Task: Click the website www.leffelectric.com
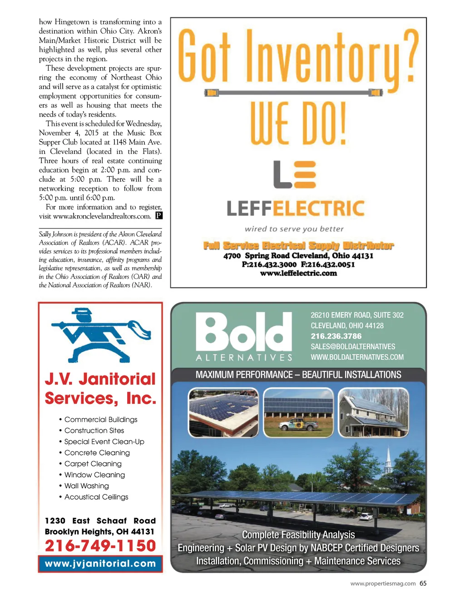[298, 273]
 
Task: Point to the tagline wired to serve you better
[294, 229]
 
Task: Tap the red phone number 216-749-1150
[100, 545]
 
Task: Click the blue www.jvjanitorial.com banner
[100, 564]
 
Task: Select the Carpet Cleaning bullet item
[93, 464]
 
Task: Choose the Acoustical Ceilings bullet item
[96, 497]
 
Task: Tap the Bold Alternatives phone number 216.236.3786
[336, 336]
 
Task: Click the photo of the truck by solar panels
[298, 412]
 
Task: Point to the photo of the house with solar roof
[373, 412]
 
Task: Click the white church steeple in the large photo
[388, 459]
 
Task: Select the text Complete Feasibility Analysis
[298, 535]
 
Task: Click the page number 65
[423, 584]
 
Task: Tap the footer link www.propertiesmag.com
[383, 584]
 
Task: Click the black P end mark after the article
[158, 216]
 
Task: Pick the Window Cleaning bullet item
[94, 475]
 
